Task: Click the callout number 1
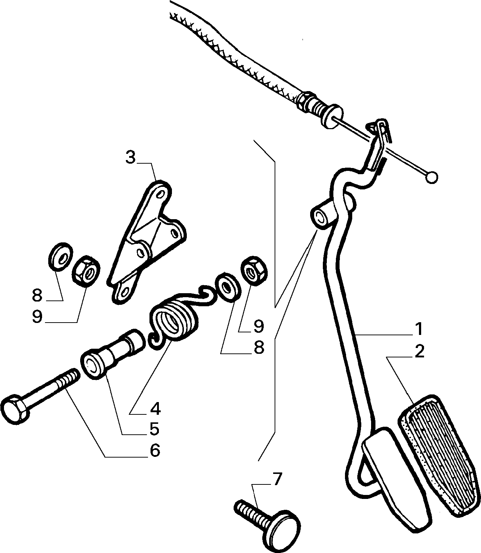click(418, 329)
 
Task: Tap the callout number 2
click(419, 352)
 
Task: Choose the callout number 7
click(276, 478)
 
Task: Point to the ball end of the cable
click(431, 177)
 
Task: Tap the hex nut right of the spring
click(254, 271)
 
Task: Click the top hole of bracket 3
click(161, 194)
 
